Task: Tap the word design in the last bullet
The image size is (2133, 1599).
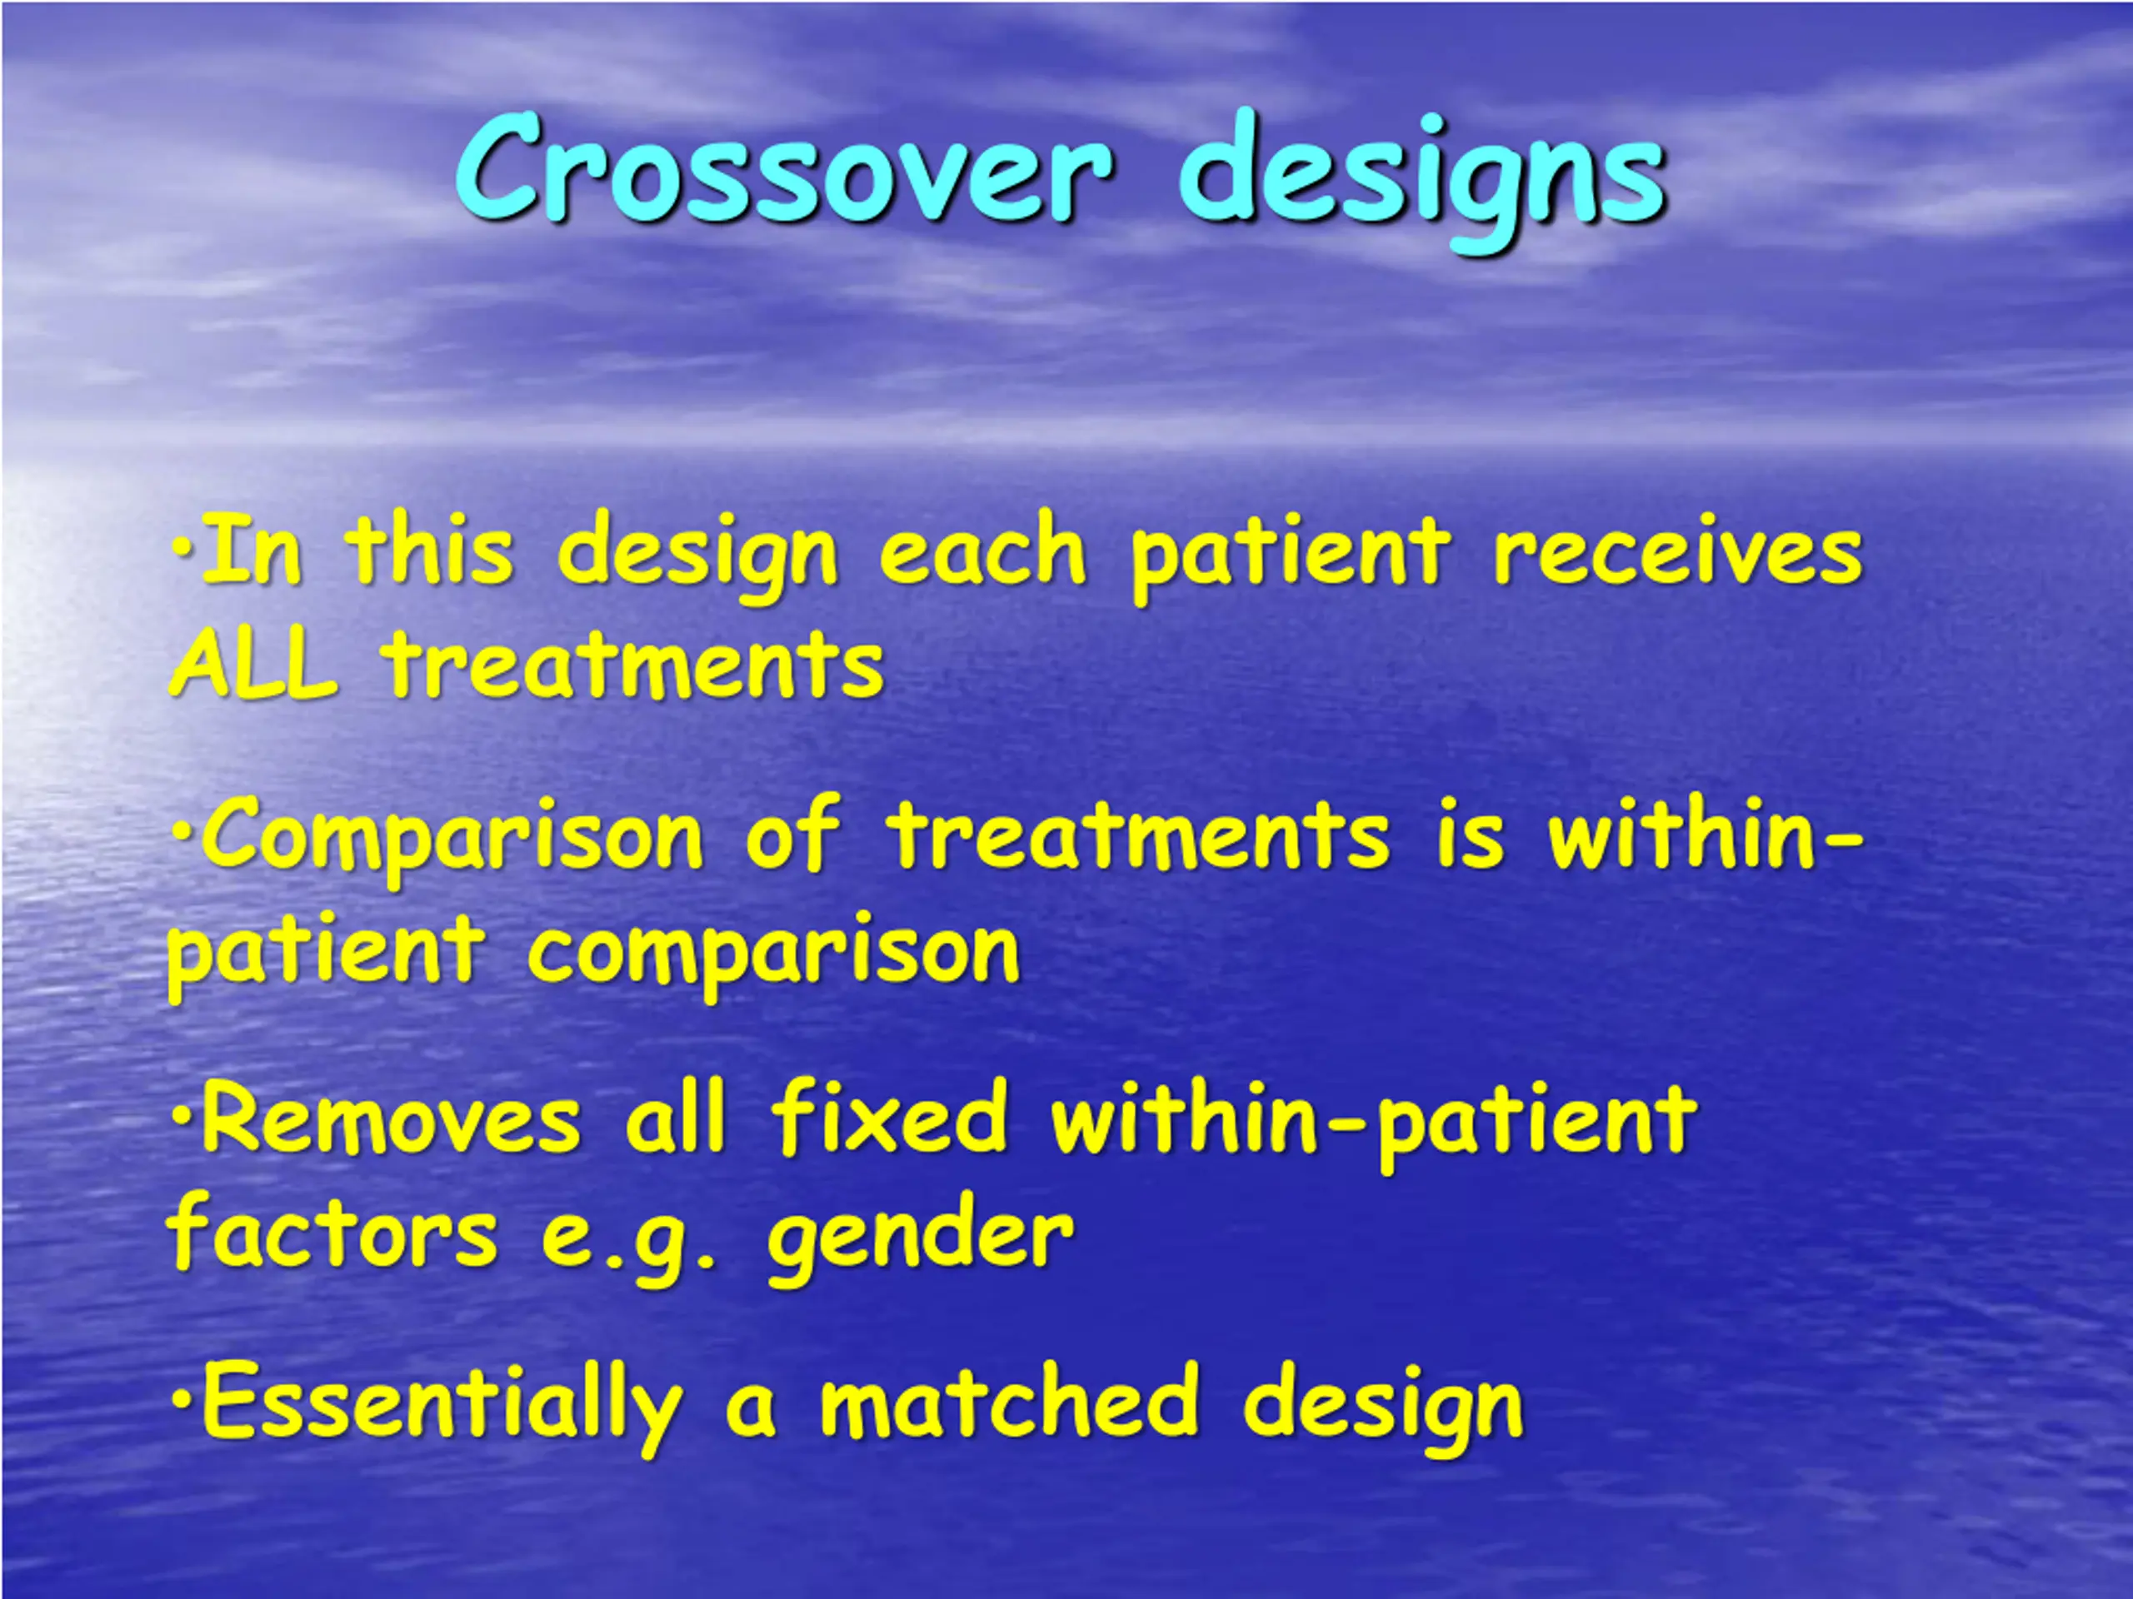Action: (x=1384, y=1408)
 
